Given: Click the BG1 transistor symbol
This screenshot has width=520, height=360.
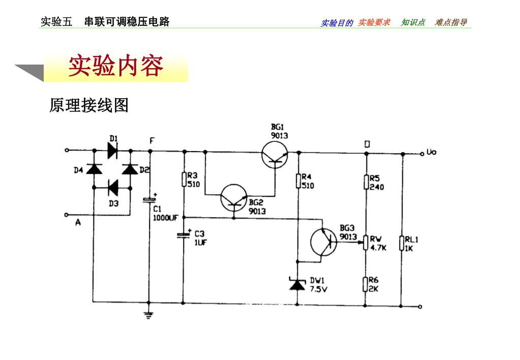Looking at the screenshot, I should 274,155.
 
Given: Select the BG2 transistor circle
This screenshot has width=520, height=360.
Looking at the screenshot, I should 234,198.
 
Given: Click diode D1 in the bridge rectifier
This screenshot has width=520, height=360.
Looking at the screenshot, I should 113,151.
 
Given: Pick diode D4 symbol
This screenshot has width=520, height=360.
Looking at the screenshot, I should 94,169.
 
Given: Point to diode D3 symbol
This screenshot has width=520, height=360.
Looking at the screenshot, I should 113,188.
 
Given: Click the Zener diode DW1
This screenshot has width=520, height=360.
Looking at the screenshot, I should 298,284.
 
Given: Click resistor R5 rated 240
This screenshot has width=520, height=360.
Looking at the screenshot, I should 365,182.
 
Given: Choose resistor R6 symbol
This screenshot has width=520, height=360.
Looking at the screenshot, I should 365,284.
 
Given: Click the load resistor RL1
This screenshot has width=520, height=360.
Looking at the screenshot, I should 402,244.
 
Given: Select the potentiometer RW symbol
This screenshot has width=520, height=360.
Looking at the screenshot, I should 365,243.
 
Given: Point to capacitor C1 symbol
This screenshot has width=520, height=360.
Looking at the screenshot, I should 149,200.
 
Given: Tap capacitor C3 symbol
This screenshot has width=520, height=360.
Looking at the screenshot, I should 183,234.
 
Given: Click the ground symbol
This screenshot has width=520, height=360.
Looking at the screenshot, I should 149,314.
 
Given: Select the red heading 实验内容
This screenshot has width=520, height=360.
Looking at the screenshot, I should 116,66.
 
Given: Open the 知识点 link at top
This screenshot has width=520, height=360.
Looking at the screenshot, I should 413,22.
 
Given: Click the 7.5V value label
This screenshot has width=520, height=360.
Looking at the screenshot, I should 319,289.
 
